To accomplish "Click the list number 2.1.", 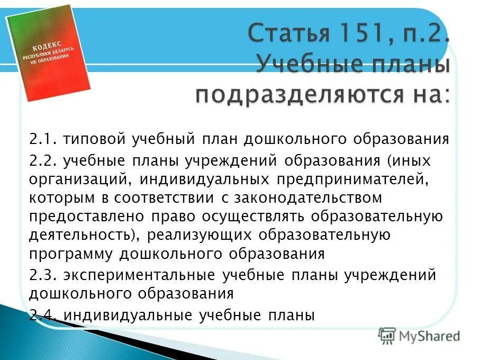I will click(42, 140).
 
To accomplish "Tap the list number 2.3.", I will click(42, 275).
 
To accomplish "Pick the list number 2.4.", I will click(42, 316).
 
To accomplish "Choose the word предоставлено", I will click(86, 217).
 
